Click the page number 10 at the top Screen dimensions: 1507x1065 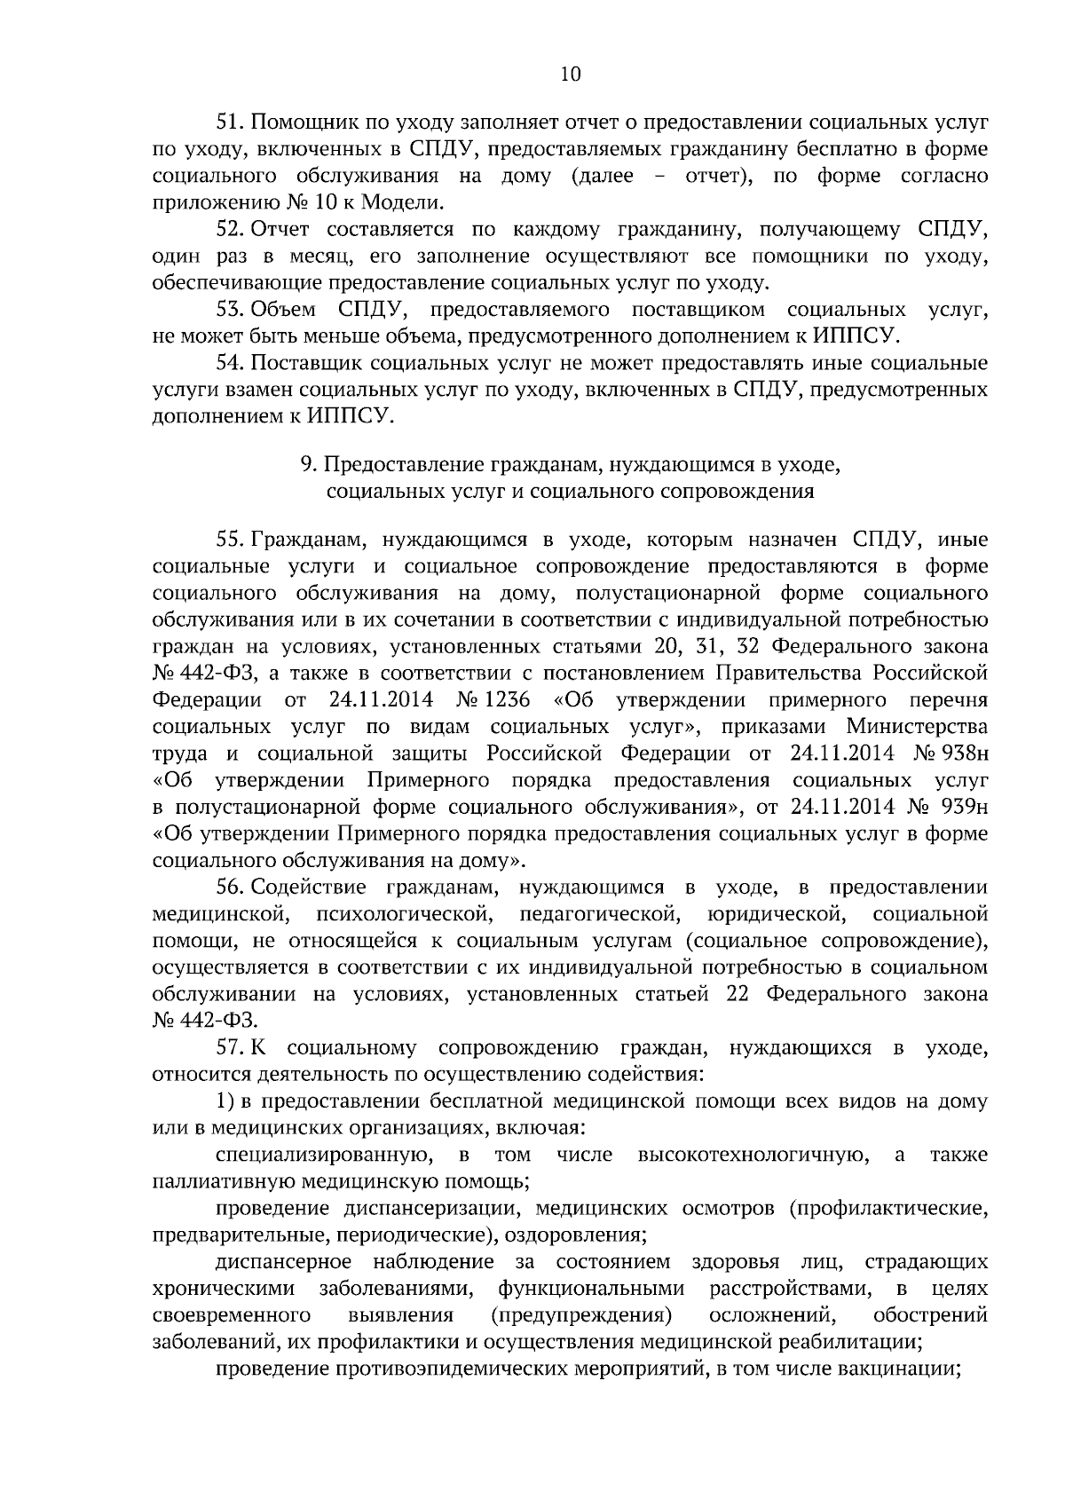pos(570,75)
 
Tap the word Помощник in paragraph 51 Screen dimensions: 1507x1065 pos(300,123)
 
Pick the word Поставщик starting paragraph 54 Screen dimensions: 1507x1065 pos(306,364)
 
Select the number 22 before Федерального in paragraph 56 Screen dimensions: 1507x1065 pos(738,993)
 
